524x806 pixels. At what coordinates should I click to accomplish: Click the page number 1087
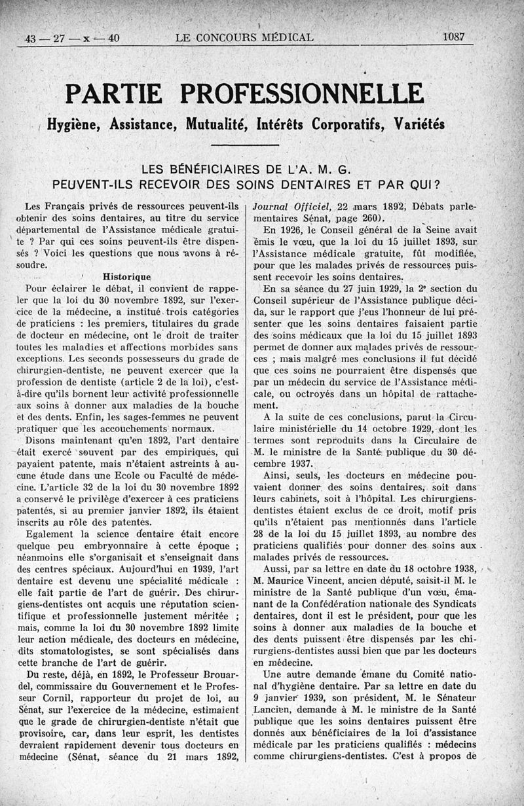453,38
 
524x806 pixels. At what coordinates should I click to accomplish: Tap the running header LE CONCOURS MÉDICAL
244,38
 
